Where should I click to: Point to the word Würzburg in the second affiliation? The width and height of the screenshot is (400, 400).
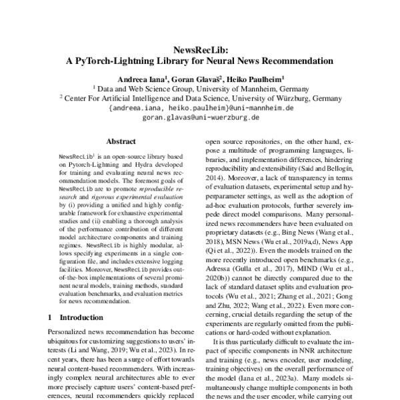point(280,97)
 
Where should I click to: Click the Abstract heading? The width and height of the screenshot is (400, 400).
point(121,141)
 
